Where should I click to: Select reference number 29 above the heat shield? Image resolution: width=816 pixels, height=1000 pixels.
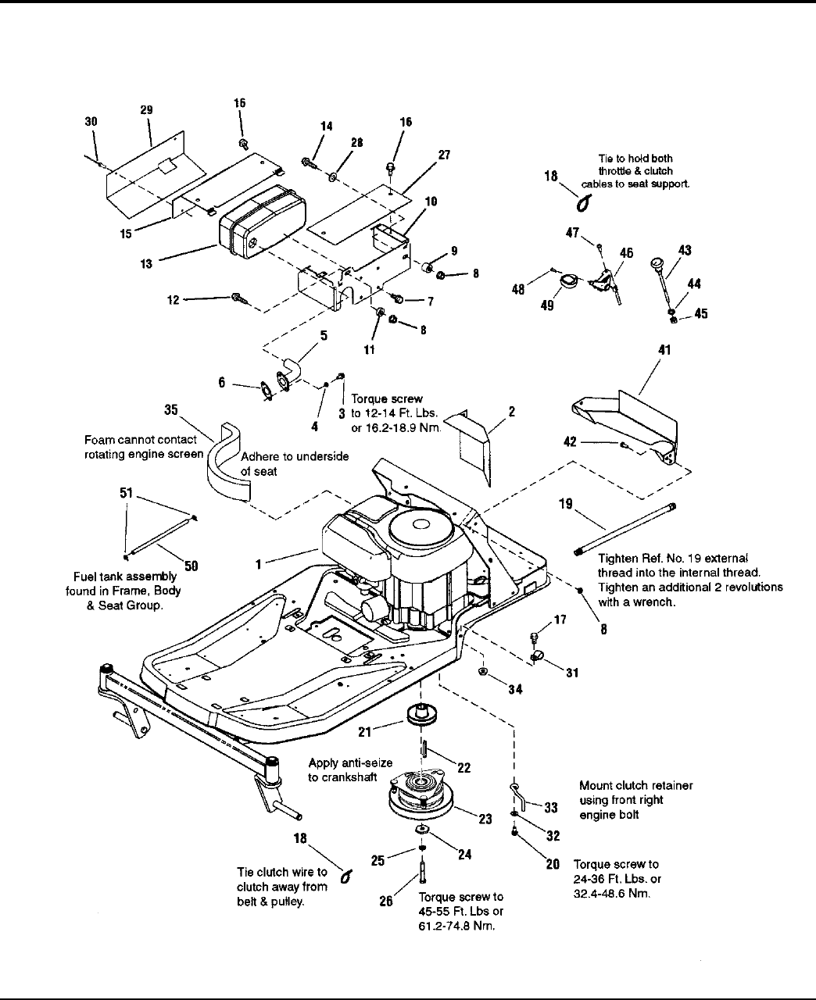pos(146,110)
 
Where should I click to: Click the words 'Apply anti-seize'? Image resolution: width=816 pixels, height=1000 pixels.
pos(350,762)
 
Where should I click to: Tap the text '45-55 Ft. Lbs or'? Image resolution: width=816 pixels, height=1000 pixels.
pos(460,912)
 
